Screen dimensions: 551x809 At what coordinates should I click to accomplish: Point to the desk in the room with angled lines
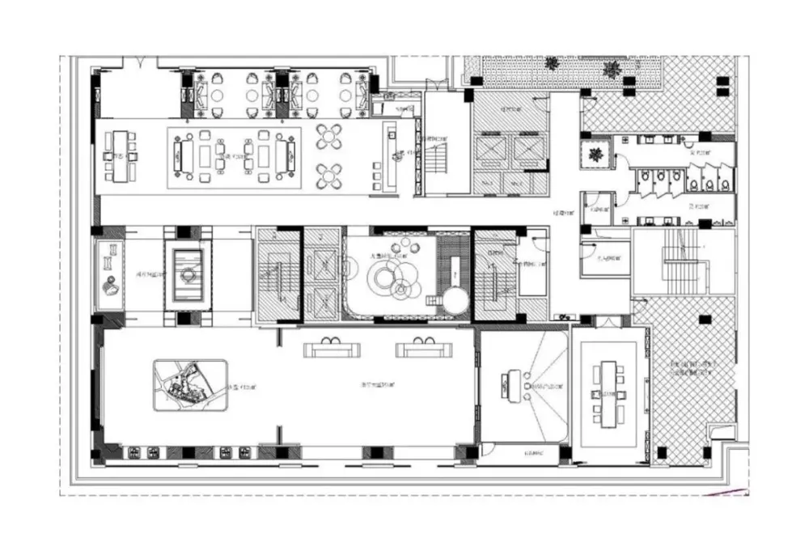pyautogui.click(x=510, y=384)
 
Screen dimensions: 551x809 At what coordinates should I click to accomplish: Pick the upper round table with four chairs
pyautogui.click(x=331, y=136)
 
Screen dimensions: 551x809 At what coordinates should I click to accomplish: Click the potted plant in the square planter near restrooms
pyautogui.click(x=596, y=155)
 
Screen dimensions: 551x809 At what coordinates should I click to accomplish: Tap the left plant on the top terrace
pyautogui.click(x=552, y=64)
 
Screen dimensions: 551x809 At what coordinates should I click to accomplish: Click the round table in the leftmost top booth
pyautogui.click(x=218, y=96)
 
